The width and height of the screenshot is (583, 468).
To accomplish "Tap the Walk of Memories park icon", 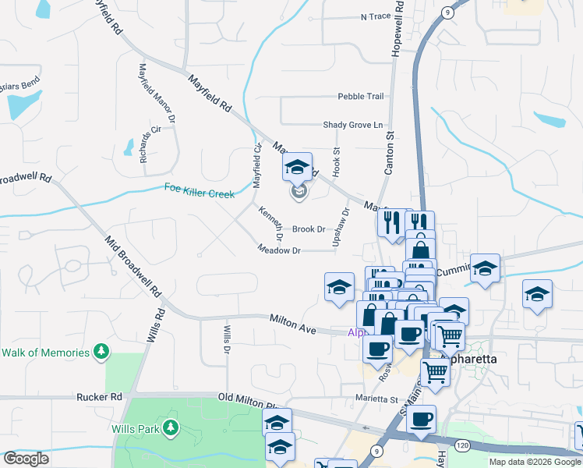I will coord(101,353).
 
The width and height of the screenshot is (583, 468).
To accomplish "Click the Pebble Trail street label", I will coord(361,97).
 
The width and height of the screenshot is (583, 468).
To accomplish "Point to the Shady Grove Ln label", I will coord(355,125).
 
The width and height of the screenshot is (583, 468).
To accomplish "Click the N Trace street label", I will coord(375,16).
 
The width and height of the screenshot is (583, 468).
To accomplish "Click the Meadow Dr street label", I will coord(280,250).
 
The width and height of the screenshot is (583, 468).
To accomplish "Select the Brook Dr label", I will coord(309,229).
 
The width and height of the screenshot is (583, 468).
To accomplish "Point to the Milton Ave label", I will coord(292,324).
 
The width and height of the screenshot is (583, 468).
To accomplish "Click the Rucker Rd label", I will coord(100,397).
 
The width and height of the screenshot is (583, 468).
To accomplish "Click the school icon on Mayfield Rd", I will coord(297,168).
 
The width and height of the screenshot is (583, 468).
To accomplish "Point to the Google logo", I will coord(26,459).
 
